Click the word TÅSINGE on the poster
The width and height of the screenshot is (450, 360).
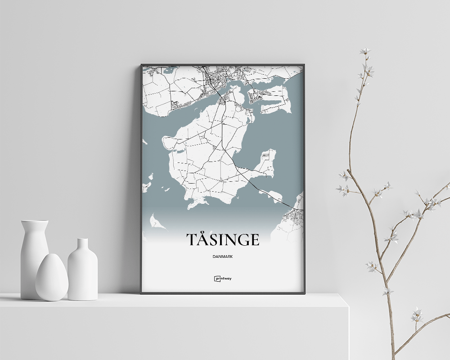(x=223, y=240)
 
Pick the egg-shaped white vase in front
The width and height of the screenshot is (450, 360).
(x=52, y=278)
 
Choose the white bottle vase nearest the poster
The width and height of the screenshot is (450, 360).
(x=82, y=270)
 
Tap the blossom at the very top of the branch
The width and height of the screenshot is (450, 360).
(x=365, y=51)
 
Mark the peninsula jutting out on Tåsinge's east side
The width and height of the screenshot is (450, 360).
(x=266, y=164)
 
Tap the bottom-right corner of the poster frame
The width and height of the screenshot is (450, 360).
(x=304, y=293)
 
